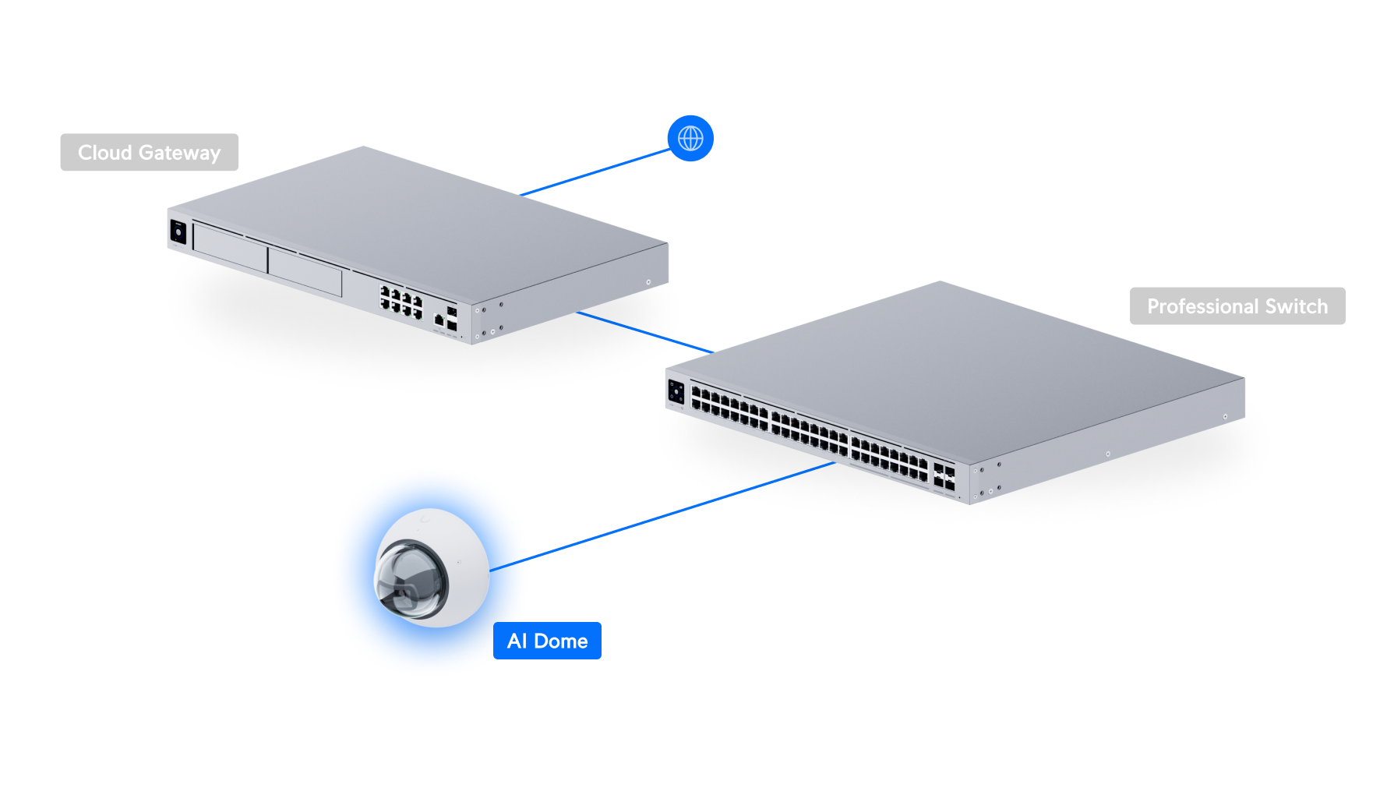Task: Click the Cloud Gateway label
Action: point(149,152)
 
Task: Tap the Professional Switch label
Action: point(1237,306)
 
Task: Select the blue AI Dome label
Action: point(547,641)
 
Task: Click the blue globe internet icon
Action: point(690,139)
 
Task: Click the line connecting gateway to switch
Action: point(645,332)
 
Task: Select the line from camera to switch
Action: point(662,517)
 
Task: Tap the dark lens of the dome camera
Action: point(411,581)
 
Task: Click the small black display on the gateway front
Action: point(178,231)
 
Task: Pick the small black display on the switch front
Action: point(676,392)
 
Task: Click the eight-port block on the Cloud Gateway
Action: point(401,301)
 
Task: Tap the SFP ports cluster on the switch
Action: point(944,477)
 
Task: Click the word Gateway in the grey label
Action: point(180,153)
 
